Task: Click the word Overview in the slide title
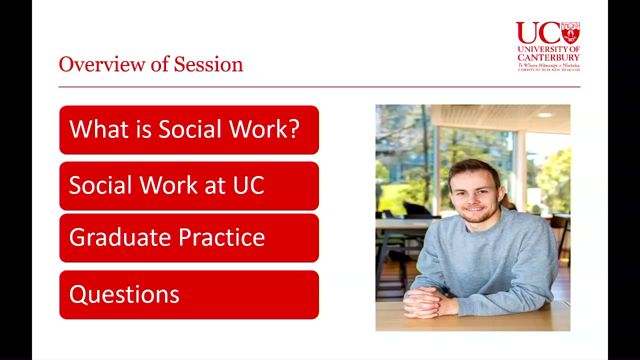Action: pyautogui.click(x=102, y=64)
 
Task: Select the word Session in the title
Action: pyautogui.click(x=208, y=64)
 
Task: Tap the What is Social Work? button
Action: pyautogui.click(x=189, y=130)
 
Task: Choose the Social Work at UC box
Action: pyautogui.click(x=189, y=186)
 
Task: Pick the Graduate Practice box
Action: pyautogui.click(x=189, y=238)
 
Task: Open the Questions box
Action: pyautogui.click(x=189, y=295)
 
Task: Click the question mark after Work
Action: pyautogui.click(x=294, y=129)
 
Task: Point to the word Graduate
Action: pyautogui.click(x=120, y=237)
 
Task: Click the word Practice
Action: pyautogui.click(x=221, y=237)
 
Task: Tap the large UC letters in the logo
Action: pyautogui.click(x=538, y=32)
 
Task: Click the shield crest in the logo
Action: pyautogui.click(x=570, y=32)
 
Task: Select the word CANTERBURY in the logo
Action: pyautogui.click(x=548, y=57)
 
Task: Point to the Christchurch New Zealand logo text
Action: pyautogui.click(x=549, y=69)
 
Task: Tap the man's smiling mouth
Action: pyautogui.click(x=474, y=209)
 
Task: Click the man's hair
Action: pyautogui.click(x=474, y=171)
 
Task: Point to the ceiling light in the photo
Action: pyautogui.click(x=544, y=115)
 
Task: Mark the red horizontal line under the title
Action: pyautogui.click(x=319, y=87)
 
